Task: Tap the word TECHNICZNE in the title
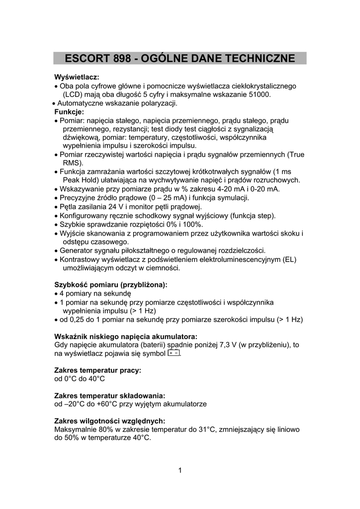(256, 59)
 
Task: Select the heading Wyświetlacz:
(77, 77)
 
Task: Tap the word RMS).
(73, 163)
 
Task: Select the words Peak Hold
(81, 180)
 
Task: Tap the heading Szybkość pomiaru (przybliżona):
(110, 285)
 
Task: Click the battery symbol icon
(174, 353)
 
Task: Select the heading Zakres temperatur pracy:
(97, 370)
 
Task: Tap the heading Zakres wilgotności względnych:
(109, 421)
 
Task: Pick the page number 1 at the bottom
(180, 471)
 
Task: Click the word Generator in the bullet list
(78, 250)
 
